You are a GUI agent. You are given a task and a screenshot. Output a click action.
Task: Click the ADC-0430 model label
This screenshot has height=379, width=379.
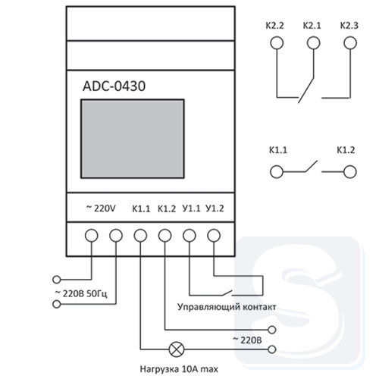point(114,86)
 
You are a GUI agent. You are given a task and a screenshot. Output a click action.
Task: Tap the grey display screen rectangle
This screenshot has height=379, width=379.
point(133,139)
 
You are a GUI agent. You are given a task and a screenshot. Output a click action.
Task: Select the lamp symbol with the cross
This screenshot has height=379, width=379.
point(177,349)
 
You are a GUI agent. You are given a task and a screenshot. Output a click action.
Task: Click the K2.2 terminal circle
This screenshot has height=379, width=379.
point(277,43)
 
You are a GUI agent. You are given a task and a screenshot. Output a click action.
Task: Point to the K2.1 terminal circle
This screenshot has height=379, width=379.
point(314,43)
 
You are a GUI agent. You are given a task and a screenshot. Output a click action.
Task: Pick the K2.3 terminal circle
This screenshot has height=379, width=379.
point(350,43)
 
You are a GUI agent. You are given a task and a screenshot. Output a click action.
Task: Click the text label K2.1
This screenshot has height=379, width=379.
point(312,26)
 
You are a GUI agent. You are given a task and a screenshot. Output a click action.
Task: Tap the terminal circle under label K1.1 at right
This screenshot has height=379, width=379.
point(277,172)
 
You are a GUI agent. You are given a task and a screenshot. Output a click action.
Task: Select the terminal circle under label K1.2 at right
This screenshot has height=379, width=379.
point(350,172)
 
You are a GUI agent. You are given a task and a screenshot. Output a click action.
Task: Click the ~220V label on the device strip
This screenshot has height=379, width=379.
point(101,208)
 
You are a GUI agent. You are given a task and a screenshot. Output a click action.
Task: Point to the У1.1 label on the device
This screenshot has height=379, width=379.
point(191,208)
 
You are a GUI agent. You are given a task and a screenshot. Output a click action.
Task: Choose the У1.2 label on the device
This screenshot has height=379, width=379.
point(215,208)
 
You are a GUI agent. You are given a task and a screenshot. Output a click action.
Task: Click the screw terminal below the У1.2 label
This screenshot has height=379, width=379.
point(214,236)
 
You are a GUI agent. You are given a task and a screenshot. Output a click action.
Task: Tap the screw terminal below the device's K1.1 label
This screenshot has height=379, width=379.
point(140,236)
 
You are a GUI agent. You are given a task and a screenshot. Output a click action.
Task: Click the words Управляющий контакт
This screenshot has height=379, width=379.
point(227,307)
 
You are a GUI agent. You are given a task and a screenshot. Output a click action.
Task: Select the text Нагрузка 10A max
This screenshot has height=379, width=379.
point(179,369)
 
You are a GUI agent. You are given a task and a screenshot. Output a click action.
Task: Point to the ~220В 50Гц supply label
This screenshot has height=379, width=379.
point(81,293)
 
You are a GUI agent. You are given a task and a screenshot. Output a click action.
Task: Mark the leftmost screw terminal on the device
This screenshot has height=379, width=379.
point(91,236)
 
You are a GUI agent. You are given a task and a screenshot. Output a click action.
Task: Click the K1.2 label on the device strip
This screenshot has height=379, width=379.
point(167,209)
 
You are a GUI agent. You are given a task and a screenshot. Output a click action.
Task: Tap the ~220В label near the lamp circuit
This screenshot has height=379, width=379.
point(247,340)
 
